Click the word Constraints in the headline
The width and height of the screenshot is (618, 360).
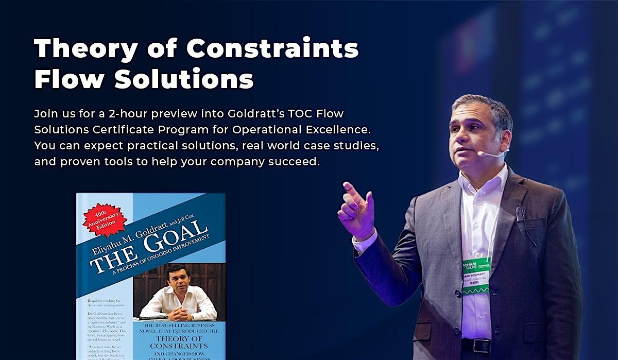[272, 50]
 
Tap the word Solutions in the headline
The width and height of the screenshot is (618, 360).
[184, 80]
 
